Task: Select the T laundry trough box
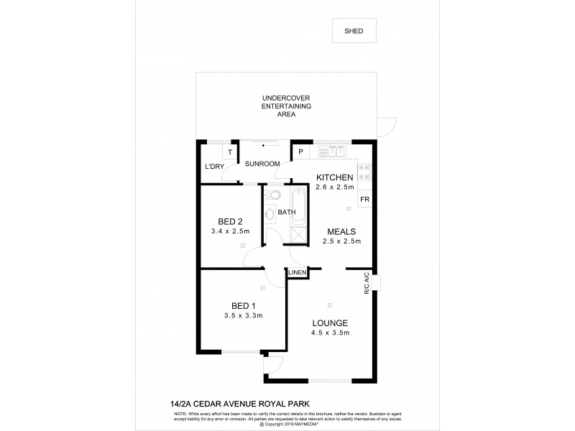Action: tap(229, 152)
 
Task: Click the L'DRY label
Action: tap(214, 167)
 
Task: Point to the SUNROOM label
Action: tap(262, 164)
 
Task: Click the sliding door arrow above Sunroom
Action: tap(270, 143)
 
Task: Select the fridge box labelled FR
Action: tap(364, 199)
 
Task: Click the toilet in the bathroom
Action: tap(274, 194)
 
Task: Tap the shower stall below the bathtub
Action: tap(298, 233)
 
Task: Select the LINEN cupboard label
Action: tap(298, 273)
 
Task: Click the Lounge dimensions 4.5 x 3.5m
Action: tap(331, 333)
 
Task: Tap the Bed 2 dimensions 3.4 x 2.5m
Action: tap(230, 231)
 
